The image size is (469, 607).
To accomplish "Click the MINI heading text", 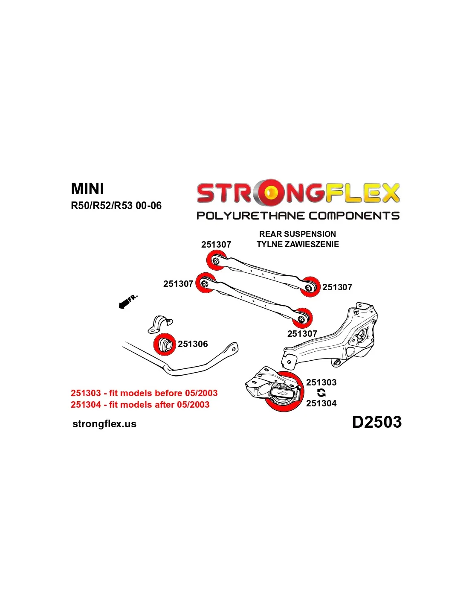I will click(x=87, y=189).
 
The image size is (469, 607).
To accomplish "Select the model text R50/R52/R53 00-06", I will click(x=116, y=206).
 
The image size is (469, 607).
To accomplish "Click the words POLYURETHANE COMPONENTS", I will click(x=298, y=216).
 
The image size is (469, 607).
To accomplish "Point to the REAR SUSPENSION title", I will click(x=298, y=234).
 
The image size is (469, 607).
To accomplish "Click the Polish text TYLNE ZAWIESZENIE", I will click(x=298, y=244).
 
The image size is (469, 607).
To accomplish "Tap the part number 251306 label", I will click(x=193, y=344).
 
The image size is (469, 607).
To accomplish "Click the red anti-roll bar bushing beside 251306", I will click(x=165, y=344).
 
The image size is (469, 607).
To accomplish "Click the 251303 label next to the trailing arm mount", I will click(x=321, y=382).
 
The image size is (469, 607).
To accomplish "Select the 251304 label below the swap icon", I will click(x=321, y=403).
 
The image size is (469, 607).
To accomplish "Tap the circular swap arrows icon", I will click(x=321, y=393).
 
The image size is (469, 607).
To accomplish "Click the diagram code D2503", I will click(x=376, y=422).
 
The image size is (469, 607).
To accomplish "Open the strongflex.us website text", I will click(x=104, y=424).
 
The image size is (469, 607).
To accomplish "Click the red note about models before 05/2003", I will click(x=144, y=393).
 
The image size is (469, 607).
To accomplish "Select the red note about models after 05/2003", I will click(x=140, y=405).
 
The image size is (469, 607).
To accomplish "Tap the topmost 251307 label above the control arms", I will click(x=216, y=245).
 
